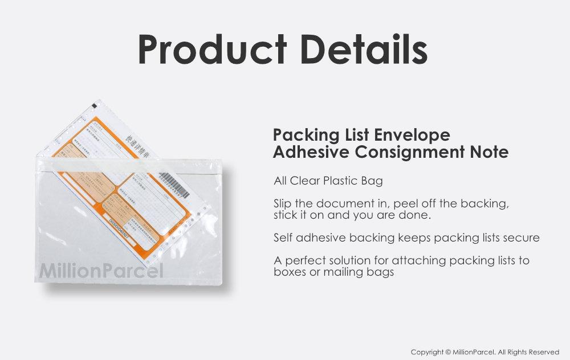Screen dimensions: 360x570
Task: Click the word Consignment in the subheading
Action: (415, 152)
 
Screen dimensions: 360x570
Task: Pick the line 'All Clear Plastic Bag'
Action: (328, 181)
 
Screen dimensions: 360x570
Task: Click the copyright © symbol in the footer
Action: (448, 352)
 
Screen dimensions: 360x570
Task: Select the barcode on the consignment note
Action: (170, 182)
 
